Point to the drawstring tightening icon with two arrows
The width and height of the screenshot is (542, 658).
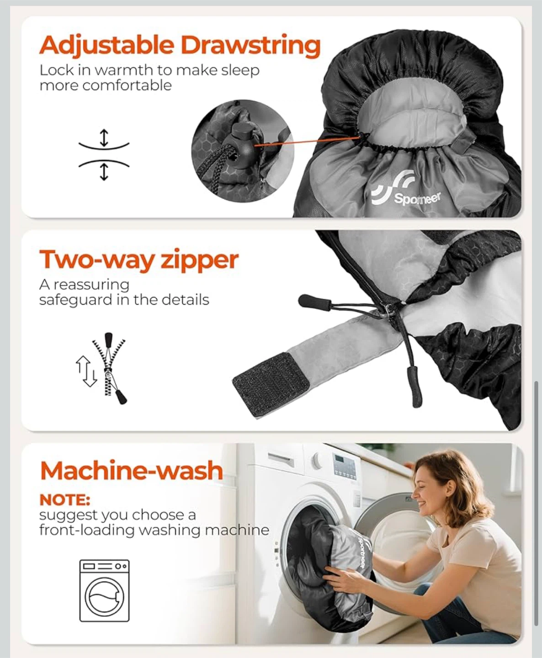[104, 155]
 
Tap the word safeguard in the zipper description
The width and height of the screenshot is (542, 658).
[75, 300]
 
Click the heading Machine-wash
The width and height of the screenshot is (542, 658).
[132, 471]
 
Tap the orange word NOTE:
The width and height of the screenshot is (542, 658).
[65, 500]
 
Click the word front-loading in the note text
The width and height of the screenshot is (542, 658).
[86, 531]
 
